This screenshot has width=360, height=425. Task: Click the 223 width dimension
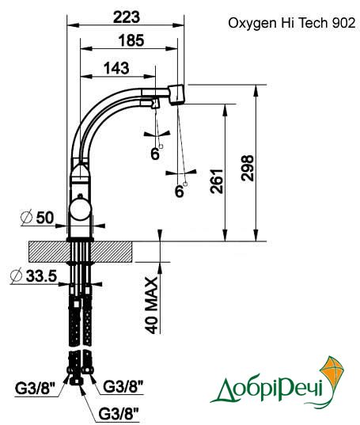pyautogui.click(x=127, y=17)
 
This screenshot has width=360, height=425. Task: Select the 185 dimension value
pyautogui.click(x=131, y=40)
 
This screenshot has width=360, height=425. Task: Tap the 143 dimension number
pyautogui.click(x=117, y=68)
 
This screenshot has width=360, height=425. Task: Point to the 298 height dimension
pyautogui.click(x=248, y=168)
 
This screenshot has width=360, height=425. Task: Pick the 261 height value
pyautogui.click(x=217, y=181)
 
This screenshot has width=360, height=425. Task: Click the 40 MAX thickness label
pyautogui.click(x=151, y=305)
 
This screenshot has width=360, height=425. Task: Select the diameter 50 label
pyautogui.click(x=38, y=217)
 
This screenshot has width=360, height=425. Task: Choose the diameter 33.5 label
pyautogui.click(x=33, y=275)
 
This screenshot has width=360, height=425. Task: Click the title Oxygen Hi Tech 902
pyautogui.click(x=291, y=23)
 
